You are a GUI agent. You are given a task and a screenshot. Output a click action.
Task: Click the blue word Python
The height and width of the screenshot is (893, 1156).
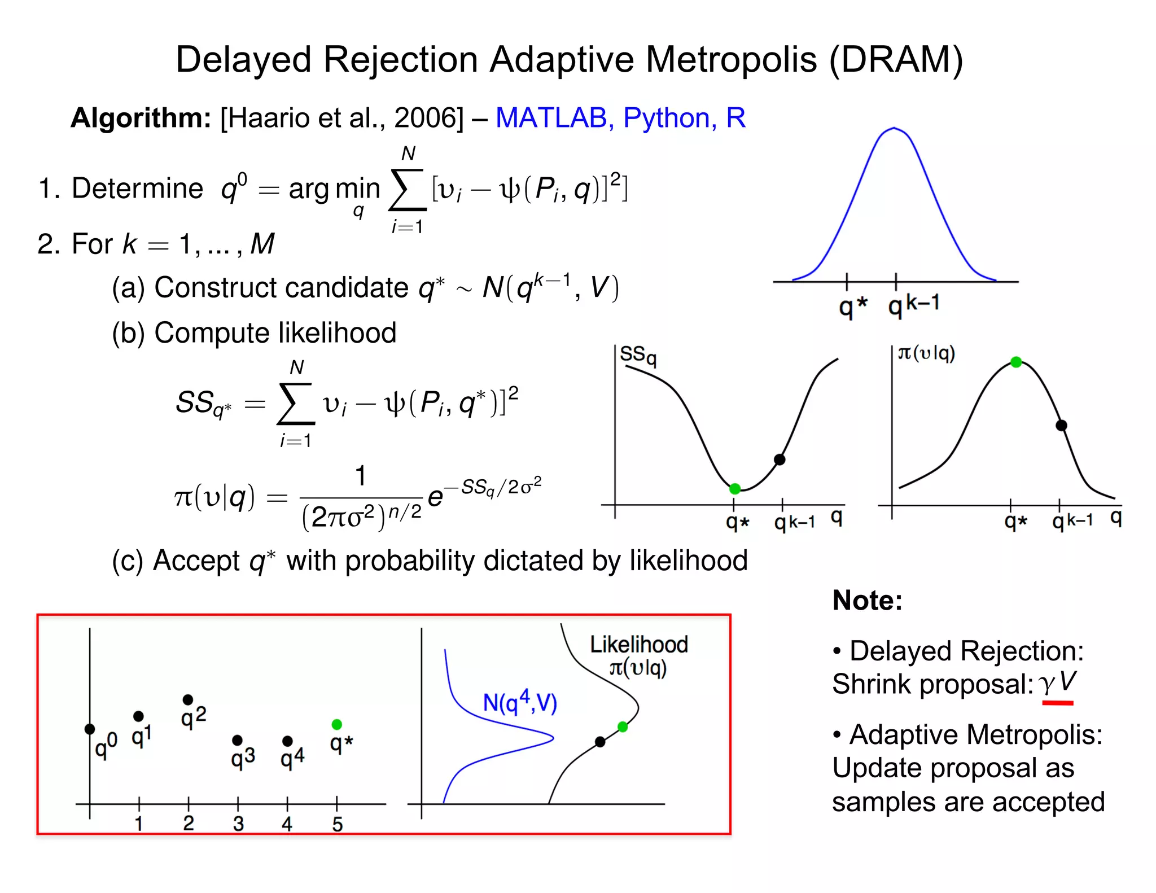click(x=666, y=118)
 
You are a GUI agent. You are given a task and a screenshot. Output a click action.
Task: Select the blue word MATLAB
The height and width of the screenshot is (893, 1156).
click(x=551, y=118)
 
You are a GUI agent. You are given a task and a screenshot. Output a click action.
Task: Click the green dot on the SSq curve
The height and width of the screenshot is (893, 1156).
click(x=734, y=488)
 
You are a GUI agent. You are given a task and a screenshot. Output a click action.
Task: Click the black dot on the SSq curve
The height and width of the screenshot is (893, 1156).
click(x=780, y=459)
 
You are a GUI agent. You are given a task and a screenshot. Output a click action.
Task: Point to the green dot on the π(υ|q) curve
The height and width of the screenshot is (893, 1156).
click(x=1015, y=362)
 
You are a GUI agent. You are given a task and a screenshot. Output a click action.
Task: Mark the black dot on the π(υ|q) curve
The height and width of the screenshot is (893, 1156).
click(x=1061, y=425)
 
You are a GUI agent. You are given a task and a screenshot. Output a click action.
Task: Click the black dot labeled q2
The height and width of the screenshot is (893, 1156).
click(x=188, y=700)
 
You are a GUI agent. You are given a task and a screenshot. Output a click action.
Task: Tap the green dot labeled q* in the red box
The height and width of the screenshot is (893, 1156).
click(x=336, y=724)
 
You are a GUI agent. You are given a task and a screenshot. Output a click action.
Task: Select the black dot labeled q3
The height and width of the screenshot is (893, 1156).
click(x=237, y=740)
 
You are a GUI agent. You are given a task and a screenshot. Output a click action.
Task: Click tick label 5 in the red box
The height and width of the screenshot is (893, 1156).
click(x=337, y=824)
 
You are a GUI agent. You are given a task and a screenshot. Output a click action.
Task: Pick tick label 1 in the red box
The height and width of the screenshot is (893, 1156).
click(x=139, y=824)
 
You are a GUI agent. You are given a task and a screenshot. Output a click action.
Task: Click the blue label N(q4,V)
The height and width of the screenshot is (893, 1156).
click(x=520, y=702)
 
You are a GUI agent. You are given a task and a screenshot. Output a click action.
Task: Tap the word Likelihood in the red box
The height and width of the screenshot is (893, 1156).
click(x=638, y=645)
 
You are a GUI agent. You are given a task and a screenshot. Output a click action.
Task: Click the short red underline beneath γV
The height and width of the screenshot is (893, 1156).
click(x=1057, y=703)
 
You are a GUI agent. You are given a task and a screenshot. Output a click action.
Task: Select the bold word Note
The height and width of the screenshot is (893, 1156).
click(x=866, y=600)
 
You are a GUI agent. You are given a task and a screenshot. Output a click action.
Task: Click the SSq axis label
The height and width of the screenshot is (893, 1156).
click(x=638, y=355)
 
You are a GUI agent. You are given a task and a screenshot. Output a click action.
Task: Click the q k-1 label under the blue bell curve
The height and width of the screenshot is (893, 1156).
click(x=913, y=305)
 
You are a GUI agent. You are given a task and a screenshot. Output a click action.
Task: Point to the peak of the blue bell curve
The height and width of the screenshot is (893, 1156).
click(x=894, y=128)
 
